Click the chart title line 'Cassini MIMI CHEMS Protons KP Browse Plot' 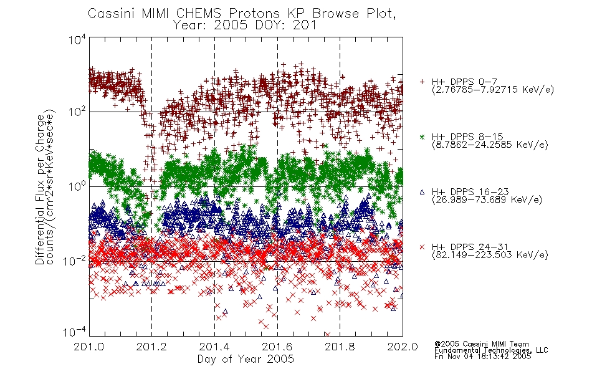[x=242, y=14]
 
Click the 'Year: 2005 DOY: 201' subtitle [x=245, y=26]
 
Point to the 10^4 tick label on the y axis [x=77, y=39]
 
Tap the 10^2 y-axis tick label [x=77, y=112]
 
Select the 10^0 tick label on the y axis [x=77, y=186]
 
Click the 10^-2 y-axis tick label [x=74, y=261]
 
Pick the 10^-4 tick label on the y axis [x=74, y=332]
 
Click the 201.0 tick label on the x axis [x=88, y=347]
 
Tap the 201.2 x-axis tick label [x=151, y=347]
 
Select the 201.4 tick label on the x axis [x=214, y=347]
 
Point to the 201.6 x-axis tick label [x=277, y=347]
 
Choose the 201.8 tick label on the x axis [x=340, y=347]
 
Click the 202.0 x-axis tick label [x=403, y=347]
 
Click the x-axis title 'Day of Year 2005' [x=246, y=358]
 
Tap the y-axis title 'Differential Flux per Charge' [x=40, y=190]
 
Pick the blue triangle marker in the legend [x=422, y=192]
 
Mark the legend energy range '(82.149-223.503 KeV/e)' [x=490, y=255]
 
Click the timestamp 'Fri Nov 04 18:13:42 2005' [x=482, y=357]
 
